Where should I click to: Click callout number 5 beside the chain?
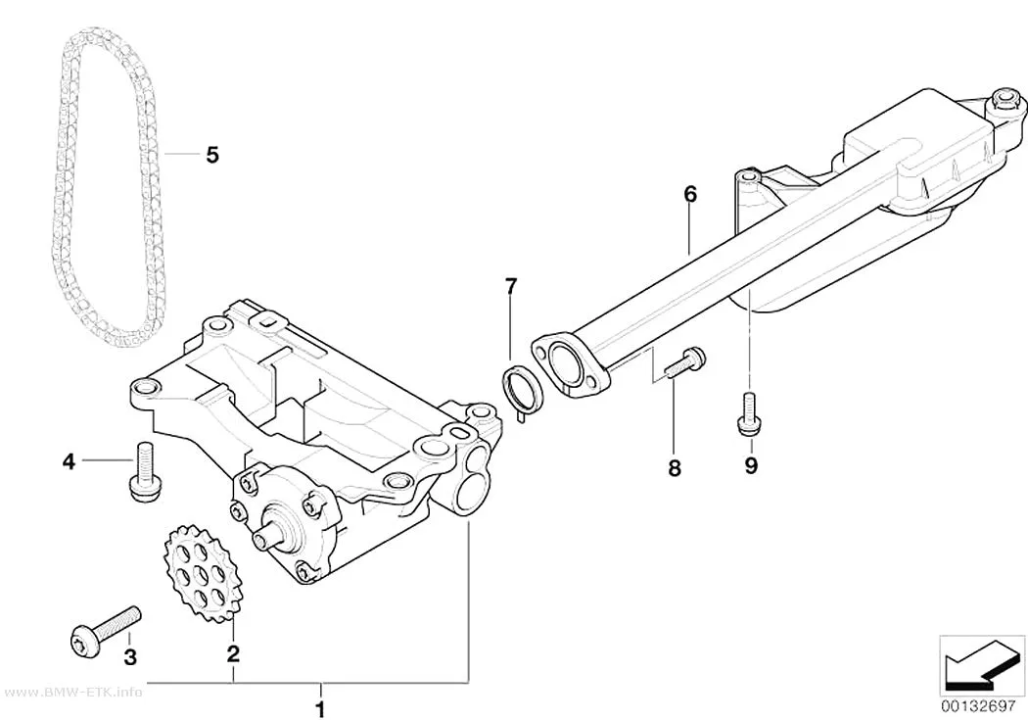[211, 155]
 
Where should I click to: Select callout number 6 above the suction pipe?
[689, 194]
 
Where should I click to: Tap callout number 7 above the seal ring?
[511, 287]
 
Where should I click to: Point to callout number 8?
[674, 468]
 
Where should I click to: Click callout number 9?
[751, 465]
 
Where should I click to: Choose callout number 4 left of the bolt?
[69, 461]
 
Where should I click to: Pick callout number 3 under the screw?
[130, 655]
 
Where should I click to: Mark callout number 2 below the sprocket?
[233, 653]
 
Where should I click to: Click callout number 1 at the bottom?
[320, 709]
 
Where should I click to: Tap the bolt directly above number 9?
[745, 414]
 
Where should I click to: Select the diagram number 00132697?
[981, 707]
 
